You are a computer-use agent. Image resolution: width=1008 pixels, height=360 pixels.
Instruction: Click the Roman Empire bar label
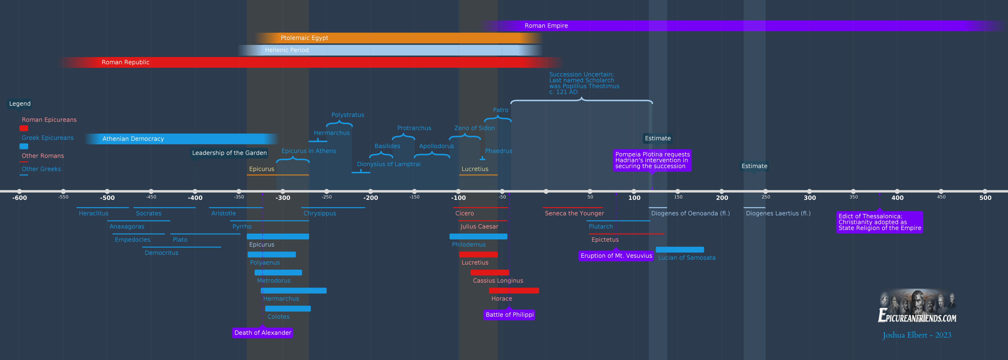click(x=546, y=26)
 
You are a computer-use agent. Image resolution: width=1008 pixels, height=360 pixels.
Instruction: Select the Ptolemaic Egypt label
click(x=304, y=38)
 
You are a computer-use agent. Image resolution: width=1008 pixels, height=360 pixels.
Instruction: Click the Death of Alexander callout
click(x=262, y=332)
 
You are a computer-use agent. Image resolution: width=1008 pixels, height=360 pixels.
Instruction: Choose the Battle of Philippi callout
click(x=509, y=315)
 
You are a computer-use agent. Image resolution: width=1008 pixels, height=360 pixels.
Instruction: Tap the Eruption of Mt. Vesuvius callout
click(x=616, y=256)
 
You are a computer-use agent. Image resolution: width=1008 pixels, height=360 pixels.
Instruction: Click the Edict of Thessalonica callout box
click(x=879, y=222)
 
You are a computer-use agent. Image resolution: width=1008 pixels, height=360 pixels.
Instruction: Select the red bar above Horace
click(x=513, y=290)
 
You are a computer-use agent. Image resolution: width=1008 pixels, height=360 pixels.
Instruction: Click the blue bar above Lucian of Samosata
click(x=679, y=250)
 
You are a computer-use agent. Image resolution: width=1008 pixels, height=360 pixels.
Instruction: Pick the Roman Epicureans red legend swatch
click(x=24, y=128)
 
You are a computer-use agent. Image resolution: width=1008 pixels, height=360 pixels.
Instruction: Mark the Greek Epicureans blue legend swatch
click(x=24, y=146)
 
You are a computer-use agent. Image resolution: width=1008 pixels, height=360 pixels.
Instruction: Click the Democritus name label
click(x=161, y=253)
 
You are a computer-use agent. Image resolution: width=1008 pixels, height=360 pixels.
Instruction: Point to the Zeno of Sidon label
click(x=474, y=128)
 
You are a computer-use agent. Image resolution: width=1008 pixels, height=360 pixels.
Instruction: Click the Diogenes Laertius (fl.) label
click(x=778, y=213)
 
